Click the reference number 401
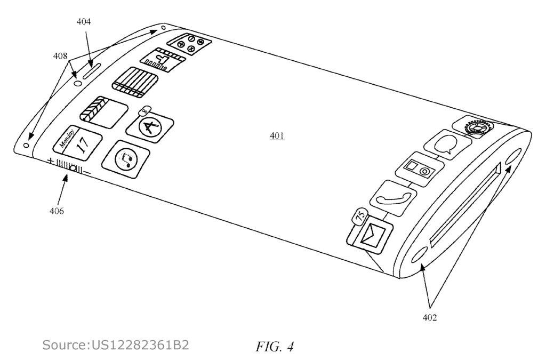[x=277, y=135]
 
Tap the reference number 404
[x=84, y=21]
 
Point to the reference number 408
[x=60, y=55]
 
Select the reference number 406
[x=57, y=211]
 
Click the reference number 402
[x=429, y=317]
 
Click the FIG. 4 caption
[x=275, y=347]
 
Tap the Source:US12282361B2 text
[x=116, y=345]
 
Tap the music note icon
[x=126, y=160]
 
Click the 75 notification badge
[x=360, y=216]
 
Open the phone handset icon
[x=394, y=198]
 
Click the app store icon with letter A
[x=150, y=125]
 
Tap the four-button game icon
[x=189, y=44]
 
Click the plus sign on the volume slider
[x=51, y=161]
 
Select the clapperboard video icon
[x=104, y=113]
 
